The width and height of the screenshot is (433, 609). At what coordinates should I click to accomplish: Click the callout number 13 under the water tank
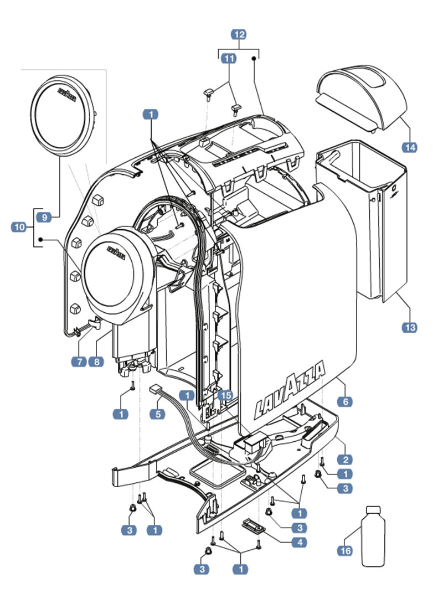click(x=409, y=328)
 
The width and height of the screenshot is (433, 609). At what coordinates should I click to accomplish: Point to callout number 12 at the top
click(x=239, y=34)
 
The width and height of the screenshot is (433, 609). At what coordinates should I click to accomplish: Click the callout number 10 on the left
click(x=19, y=226)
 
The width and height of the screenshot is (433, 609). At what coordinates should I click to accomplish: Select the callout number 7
click(x=79, y=362)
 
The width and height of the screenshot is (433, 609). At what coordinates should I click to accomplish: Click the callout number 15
click(x=225, y=395)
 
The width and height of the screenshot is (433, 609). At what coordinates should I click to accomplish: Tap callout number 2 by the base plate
click(x=345, y=459)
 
